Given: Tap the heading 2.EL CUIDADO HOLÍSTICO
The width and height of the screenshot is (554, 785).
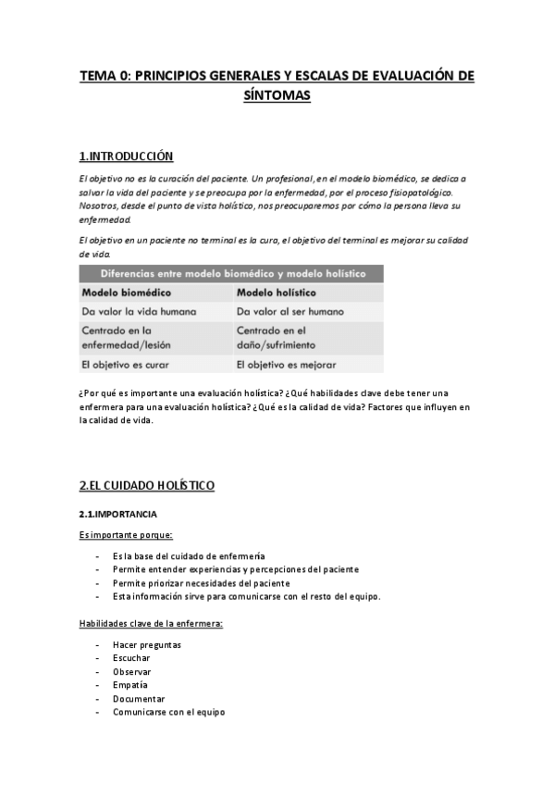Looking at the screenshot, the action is pos(146,485).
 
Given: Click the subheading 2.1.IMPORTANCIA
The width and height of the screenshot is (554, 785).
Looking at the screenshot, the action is pos(117,513).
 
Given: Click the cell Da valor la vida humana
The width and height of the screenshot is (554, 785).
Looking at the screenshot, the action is pos(139,311).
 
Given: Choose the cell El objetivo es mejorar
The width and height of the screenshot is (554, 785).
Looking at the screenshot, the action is pos(286,364).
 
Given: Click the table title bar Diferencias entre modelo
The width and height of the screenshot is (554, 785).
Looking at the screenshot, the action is pos(232,274).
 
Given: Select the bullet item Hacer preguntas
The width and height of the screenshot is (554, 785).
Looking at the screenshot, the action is pos(146,643).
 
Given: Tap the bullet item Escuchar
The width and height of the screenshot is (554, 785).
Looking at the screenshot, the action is pos(131,657).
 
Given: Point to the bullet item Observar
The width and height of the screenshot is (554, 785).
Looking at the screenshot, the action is pos(131,671).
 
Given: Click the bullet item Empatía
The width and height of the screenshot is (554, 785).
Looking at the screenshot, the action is pos(129,685).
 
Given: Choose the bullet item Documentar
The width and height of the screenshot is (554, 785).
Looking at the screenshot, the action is pos(139,699).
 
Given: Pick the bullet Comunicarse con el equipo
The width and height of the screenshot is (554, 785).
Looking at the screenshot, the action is pos(168,713).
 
